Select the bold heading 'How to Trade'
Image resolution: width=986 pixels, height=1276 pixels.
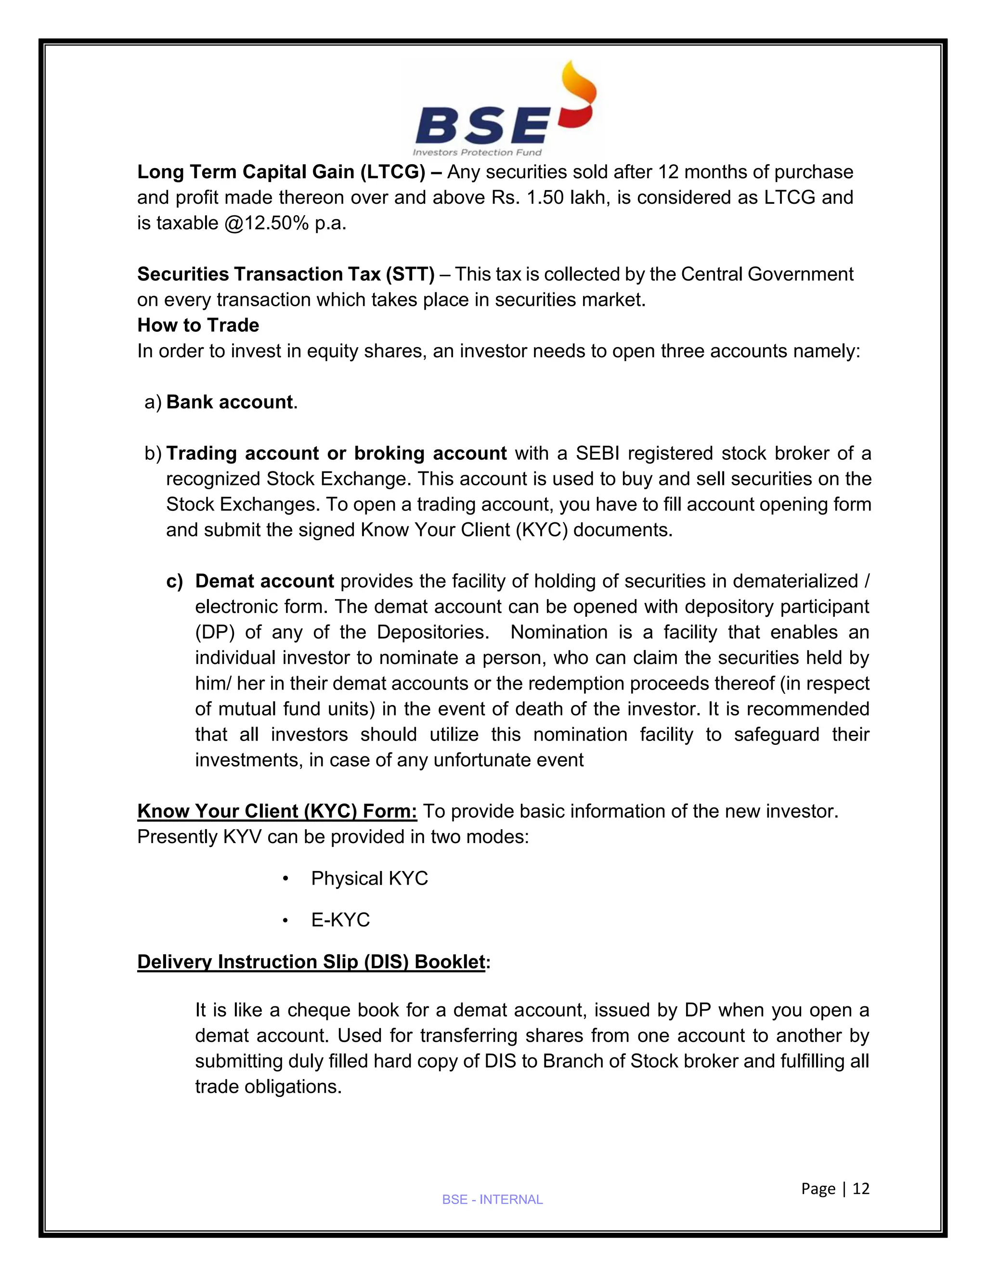pos(198,325)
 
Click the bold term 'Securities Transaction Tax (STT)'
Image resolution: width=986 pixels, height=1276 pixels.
pos(285,274)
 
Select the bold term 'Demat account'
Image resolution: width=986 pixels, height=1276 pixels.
pos(264,581)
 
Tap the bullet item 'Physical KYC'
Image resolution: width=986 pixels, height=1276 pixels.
pos(369,878)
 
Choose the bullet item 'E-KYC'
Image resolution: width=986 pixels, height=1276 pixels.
pos(340,920)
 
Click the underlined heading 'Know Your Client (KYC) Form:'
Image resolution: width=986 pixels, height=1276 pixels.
pos(277,811)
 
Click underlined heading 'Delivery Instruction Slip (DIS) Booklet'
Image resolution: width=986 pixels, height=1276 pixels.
pos(311,962)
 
